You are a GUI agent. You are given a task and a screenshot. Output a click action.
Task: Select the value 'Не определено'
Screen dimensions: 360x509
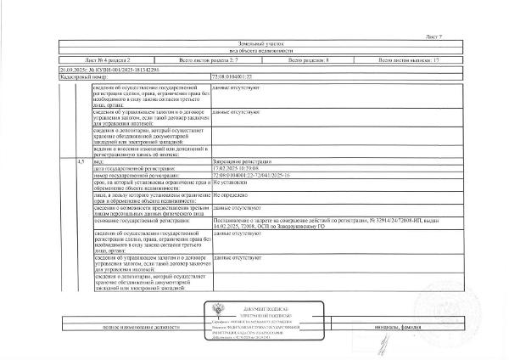click(x=229, y=195)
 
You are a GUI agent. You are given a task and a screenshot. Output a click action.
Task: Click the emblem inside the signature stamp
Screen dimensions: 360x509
click(x=209, y=315)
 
